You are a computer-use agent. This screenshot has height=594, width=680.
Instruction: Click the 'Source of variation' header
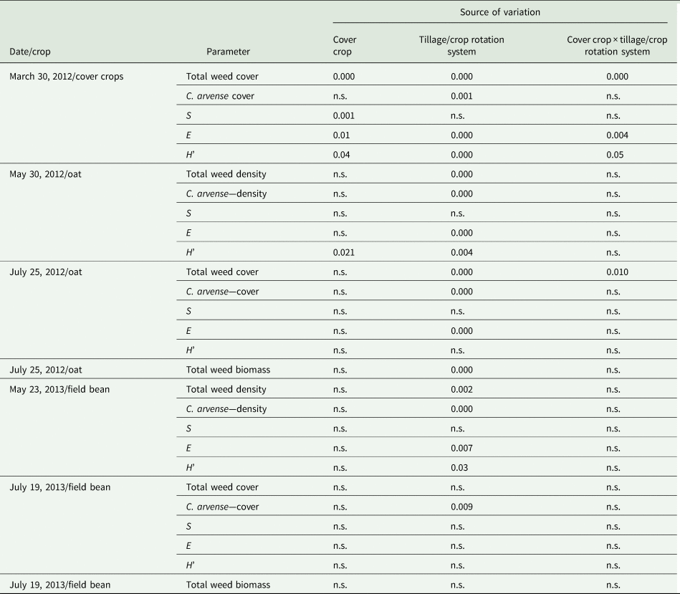499,12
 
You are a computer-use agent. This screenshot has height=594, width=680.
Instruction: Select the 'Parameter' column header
228,52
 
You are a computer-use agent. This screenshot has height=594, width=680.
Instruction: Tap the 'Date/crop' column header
30,52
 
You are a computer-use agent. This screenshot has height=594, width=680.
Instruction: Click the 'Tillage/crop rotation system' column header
461,46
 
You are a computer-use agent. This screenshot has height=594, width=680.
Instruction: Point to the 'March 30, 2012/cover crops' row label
67,76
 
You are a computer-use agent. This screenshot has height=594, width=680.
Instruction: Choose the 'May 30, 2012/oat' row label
46,174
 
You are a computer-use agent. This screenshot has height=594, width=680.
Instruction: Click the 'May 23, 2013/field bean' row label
59,389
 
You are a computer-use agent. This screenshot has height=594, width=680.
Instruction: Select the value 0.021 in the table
344,252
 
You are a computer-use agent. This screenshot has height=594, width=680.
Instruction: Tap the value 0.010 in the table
617,272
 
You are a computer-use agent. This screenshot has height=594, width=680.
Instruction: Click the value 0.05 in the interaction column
615,155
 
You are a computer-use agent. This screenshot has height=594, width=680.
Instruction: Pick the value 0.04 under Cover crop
341,155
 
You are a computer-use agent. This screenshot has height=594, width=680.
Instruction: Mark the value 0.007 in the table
461,448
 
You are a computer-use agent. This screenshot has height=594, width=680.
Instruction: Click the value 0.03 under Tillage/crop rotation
459,467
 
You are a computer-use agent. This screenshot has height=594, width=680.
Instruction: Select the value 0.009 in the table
461,507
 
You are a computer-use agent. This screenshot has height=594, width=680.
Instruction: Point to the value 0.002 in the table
461,389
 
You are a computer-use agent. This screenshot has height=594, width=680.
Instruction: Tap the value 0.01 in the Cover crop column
341,135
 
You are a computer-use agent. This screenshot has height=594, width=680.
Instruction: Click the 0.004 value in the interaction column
617,135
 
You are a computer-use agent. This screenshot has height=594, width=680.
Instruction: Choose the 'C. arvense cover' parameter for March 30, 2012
220,96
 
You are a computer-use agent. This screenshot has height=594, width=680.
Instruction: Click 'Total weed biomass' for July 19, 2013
228,585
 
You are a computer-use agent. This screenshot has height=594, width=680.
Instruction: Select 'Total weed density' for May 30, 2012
226,174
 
